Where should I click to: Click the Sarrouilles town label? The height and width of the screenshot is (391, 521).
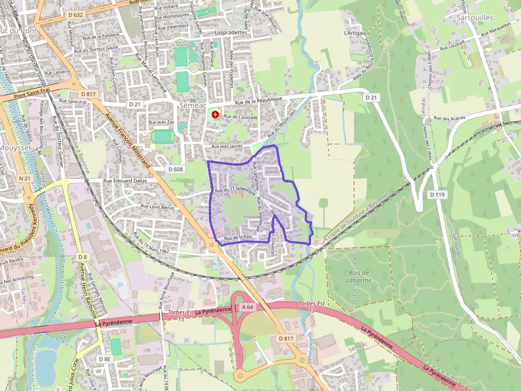[x=475, y=18]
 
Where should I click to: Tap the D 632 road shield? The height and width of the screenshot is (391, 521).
[x=75, y=14]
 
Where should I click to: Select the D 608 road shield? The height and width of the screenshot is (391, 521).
[x=175, y=169]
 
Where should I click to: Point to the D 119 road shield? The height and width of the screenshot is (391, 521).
[x=436, y=194]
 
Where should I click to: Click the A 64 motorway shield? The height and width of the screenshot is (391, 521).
[x=247, y=307]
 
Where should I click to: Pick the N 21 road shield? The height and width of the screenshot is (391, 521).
[x=24, y=178]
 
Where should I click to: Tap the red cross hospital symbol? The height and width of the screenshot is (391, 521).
[x=215, y=114]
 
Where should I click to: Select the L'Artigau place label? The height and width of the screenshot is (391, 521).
[x=355, y=33]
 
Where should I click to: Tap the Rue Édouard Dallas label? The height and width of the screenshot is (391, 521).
[x=125, y=180]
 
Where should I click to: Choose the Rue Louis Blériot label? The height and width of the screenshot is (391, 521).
[x=157, y=207]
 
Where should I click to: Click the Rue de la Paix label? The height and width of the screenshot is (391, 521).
[x=237, y=237]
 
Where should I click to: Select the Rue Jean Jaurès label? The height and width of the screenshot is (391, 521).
[x=227, y=146]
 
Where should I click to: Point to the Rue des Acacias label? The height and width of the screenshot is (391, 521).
[x=449, y=118]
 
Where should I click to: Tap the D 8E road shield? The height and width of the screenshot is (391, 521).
[x=104, y=359]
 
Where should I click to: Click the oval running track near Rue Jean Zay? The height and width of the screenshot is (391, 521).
[x=162, y=136]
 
